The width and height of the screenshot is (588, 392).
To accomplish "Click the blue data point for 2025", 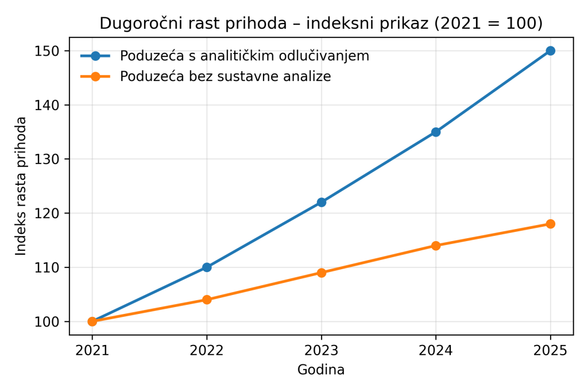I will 550,51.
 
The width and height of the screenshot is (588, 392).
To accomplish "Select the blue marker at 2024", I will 436,132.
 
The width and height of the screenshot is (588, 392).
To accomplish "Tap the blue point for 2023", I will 322,202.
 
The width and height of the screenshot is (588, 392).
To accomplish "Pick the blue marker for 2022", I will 207,267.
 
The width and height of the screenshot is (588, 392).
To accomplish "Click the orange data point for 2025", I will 550,224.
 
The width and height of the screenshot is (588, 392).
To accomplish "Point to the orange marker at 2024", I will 436,246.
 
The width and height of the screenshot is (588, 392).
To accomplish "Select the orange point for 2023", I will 322,273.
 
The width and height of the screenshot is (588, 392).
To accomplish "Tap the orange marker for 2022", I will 207,300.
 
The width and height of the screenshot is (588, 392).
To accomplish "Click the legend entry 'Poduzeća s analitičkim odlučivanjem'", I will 244,56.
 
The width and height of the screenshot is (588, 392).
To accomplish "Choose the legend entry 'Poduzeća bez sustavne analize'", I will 225,76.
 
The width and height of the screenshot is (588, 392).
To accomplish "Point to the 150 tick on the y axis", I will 51,51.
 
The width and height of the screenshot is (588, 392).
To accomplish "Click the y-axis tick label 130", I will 51,159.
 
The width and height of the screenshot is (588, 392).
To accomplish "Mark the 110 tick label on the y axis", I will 51,267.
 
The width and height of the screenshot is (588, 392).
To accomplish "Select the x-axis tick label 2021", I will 92,350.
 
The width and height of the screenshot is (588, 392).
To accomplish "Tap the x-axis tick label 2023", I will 322,350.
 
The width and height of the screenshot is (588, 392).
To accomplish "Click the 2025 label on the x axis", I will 550,350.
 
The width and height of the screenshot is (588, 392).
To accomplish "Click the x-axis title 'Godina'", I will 321,370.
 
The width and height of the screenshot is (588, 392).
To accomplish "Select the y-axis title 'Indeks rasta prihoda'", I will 21,186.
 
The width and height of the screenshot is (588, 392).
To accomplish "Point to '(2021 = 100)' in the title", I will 488,24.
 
